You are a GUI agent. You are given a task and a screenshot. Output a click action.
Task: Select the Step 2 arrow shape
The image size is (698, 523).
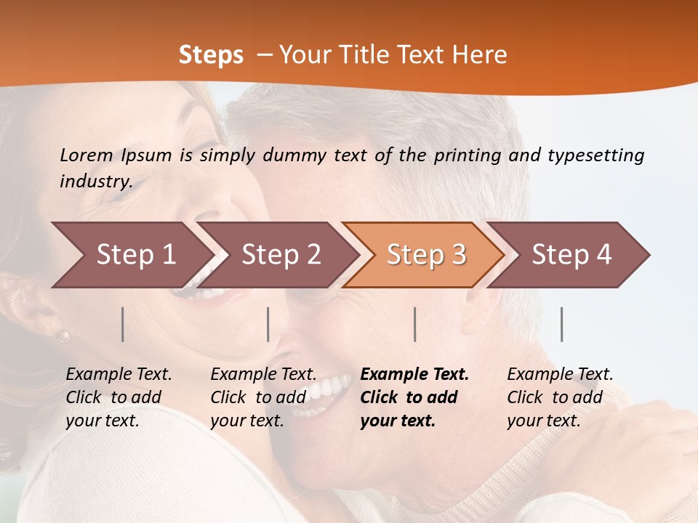pyautogui.click(x=281, y=255)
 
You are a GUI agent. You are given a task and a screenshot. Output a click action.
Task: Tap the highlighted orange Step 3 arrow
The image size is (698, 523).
pyautogui.click(x=426, y=255)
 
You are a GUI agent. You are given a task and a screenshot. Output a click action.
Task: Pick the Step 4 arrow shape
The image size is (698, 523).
pyautogui.click(x=571, y=255)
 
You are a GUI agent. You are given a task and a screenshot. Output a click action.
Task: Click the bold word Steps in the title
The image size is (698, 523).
pyautogui.click(x=211, y=54)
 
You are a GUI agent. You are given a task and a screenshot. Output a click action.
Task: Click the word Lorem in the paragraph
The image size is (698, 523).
pyautogui.click(x=86, y=155)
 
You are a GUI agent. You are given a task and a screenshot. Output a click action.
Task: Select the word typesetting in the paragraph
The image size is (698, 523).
pyautogui.click(x=595, y=155)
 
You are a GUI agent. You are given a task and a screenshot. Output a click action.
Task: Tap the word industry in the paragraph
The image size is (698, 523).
pyautogui.click(x=95, y=182)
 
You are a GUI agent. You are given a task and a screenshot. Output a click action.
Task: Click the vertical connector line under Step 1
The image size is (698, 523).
pyautogui.click(x=123, y=324)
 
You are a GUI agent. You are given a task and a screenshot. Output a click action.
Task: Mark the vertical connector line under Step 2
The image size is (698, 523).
pyautogui.click(x=268, y=324)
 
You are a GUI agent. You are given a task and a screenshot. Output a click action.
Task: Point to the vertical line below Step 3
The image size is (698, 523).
pyautogui.click(x=415, y=324)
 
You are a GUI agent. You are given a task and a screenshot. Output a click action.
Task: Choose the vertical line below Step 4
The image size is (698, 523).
pyautogui.click(x=562, y=324)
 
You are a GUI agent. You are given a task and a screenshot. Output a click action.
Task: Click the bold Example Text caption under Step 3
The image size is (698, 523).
pyautogui.click(x=414, y=397)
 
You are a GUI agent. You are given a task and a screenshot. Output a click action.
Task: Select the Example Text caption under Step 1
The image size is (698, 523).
pyautogui.click(x=119, y=397)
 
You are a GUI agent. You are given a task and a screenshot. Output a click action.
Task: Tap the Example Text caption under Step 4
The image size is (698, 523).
pyautogui.click(x=560, y=397)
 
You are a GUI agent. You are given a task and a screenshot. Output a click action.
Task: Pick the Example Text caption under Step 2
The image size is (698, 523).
pyautogui.click(x=263, y=397)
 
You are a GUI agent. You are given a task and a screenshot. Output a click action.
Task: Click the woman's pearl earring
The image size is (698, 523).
pyautogui.click(x=64, y=336)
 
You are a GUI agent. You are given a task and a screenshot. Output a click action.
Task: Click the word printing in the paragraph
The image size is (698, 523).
pyautogui.click(x=463, y=155)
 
